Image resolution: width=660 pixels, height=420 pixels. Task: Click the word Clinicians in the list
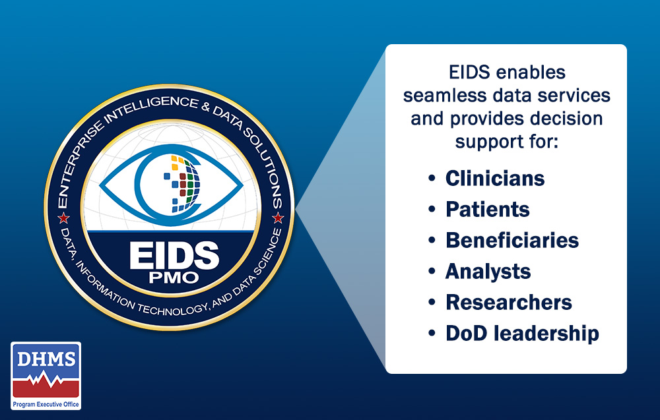495,179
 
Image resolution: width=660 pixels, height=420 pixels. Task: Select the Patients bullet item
488,210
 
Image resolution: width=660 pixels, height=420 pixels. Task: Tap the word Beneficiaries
512,240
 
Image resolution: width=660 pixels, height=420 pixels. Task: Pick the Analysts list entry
488,271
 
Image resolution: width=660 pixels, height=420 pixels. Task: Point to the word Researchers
509,302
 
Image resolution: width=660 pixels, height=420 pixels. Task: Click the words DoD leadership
522,333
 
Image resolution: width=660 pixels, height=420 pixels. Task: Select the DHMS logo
46,375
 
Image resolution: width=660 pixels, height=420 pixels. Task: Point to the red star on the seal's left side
64,218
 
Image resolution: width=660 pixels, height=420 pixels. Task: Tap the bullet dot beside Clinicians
432,179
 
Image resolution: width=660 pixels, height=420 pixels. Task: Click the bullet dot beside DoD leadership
432,334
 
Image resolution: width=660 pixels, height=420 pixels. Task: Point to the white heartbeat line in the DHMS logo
46,381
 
